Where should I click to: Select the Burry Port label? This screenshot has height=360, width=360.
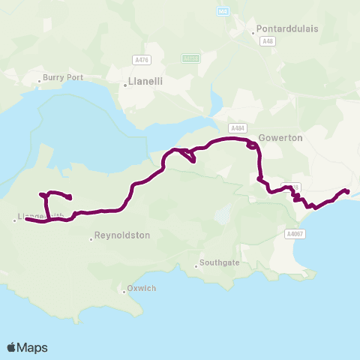[63, 76]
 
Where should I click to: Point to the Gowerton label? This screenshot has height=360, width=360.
[280, 139]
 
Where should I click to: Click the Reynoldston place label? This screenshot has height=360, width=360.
[123, 235]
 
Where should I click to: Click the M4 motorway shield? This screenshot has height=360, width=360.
[223, 11]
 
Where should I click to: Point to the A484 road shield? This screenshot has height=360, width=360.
[238, 128]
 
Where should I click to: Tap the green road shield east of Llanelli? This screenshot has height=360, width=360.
[190, 57]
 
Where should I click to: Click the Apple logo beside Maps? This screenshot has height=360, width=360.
[11, 347]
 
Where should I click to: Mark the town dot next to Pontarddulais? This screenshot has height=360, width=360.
[253, 33]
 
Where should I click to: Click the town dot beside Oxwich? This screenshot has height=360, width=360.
[124, 290]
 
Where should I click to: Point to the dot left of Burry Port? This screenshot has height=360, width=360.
[40, 80]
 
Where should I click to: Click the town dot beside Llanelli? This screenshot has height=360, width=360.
[124, 85]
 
